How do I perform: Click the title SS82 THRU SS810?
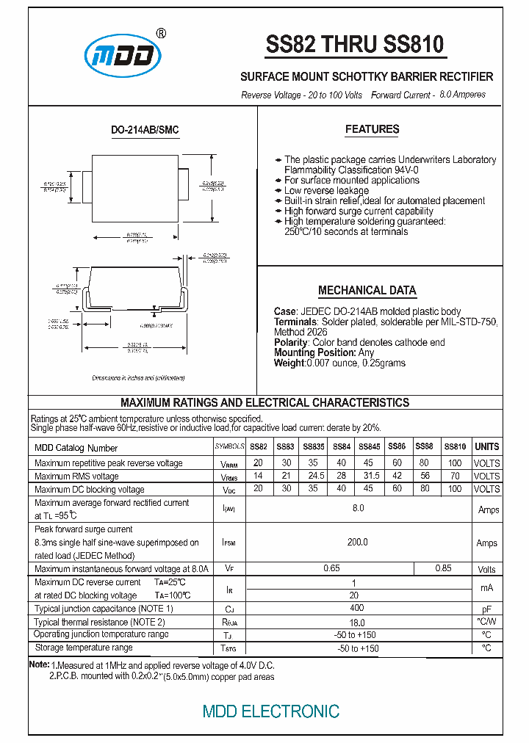(x=355, y=46)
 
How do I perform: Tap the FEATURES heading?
(x=372, y=129)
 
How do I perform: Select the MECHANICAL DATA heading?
(x=367, y=290)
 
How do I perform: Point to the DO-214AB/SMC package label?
(x=145, y=130)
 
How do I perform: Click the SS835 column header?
(x=313, y=446)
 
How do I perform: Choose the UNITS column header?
(x=486, y=446)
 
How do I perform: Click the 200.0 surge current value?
(x=357, y=543)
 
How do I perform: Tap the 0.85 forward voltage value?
(x=443, y=568)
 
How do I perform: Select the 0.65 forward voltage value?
(x=331, y=568)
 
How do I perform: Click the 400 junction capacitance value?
(x=357, y=609)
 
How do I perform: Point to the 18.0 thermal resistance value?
(x=357, y=622)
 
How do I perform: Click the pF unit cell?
(x=486, y=609)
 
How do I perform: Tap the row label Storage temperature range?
(x=84, y=648)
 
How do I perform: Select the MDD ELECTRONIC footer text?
(x=270, y=711)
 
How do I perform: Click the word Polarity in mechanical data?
(x=291, y=342)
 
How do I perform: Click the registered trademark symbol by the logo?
(x=162, y=34)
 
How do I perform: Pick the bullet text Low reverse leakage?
(x=328, y=190)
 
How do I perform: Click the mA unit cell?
(x=486, y=588)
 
